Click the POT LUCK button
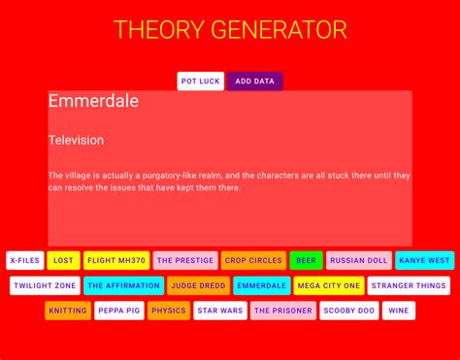(201, 82)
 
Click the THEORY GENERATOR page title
(230, 30)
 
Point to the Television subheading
(76, 141)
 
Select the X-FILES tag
(24, 260)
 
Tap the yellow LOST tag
(63, 260)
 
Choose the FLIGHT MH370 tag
(116, 260)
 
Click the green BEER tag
(306, 260)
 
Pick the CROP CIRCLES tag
(253, 260)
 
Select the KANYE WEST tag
(424, 260)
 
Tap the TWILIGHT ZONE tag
(45, 285)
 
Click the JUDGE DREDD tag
(199, 285)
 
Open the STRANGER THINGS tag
(409, 285)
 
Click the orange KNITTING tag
(67, 311)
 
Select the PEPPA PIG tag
(119, 311)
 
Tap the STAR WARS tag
(219, 311)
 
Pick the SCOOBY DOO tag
(348, 311)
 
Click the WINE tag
(398, 311)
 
